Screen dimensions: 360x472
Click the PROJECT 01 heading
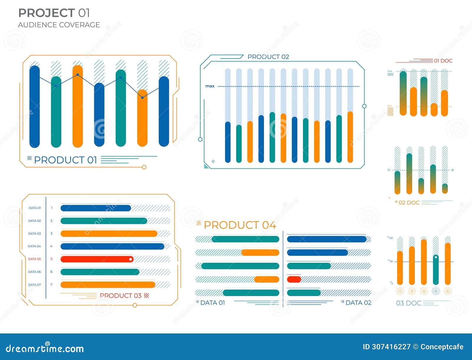(x=54, y=13)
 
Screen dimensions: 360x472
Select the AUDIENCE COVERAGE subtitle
(x=59, y=25)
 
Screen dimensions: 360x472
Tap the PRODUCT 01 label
(x=65, y=160)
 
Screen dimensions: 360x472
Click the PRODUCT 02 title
(x=268, y=57)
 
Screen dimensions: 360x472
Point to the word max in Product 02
(x=210, y=86)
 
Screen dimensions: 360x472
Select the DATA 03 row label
(x=35, y=234)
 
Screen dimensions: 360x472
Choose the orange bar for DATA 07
(x=108, y=285)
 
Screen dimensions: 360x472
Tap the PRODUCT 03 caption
(x=121, y=295)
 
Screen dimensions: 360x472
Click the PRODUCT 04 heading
(x=240, y=225)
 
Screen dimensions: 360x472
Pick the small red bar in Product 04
(x=294, y=279)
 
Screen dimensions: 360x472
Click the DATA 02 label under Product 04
(x=358, y=303)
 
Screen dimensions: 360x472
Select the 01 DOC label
(x=443, y=61)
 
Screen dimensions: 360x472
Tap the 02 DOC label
(x=409, y=203)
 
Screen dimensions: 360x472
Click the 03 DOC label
(x=409, y=303)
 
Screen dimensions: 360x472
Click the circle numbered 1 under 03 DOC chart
(x=400, y=291)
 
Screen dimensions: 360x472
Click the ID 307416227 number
(x=386, y=347)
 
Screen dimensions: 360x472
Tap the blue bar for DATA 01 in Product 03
(x=96, y=208)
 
